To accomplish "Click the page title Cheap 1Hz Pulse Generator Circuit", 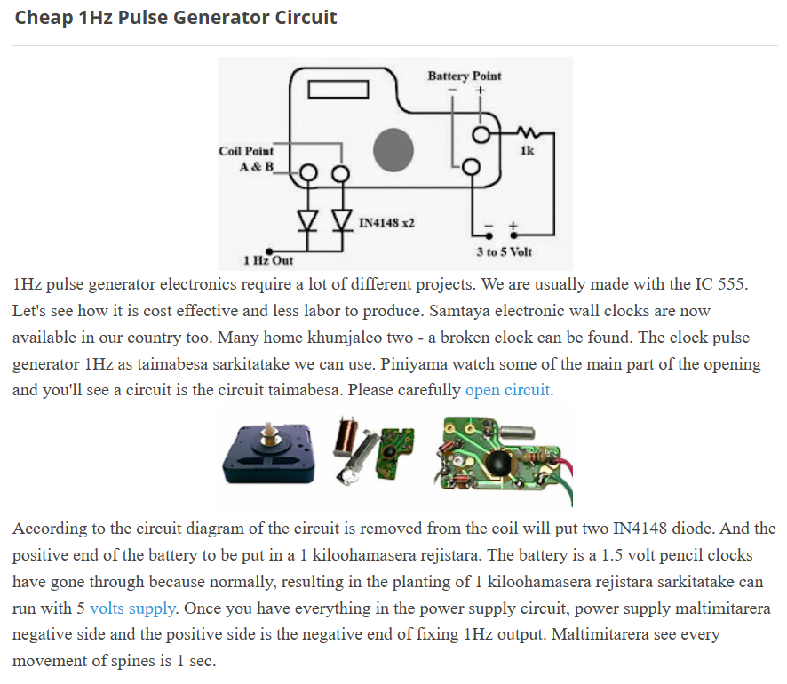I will (x=176, y=18).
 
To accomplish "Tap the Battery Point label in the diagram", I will (x=464, y=76).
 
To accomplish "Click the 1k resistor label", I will (x=527, y=150).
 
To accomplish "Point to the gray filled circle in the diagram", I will (x=393, y=149).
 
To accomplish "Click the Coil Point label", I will (x=246, y=151).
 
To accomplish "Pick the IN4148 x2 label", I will (x=386, y=221).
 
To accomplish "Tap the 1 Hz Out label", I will (x=267, y=260).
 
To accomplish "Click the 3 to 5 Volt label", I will (x=504, y=251).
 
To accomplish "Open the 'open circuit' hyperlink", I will (x=508, y=390).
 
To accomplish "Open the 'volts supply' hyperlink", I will (x=132, y=608).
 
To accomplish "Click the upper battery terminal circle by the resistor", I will (x=481, y=135).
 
